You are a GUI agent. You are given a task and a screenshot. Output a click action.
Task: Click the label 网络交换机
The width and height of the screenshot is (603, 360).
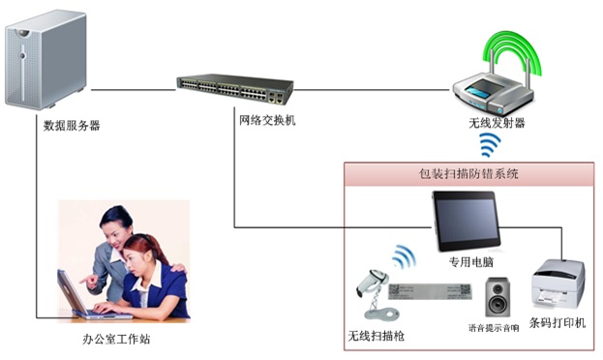267,121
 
